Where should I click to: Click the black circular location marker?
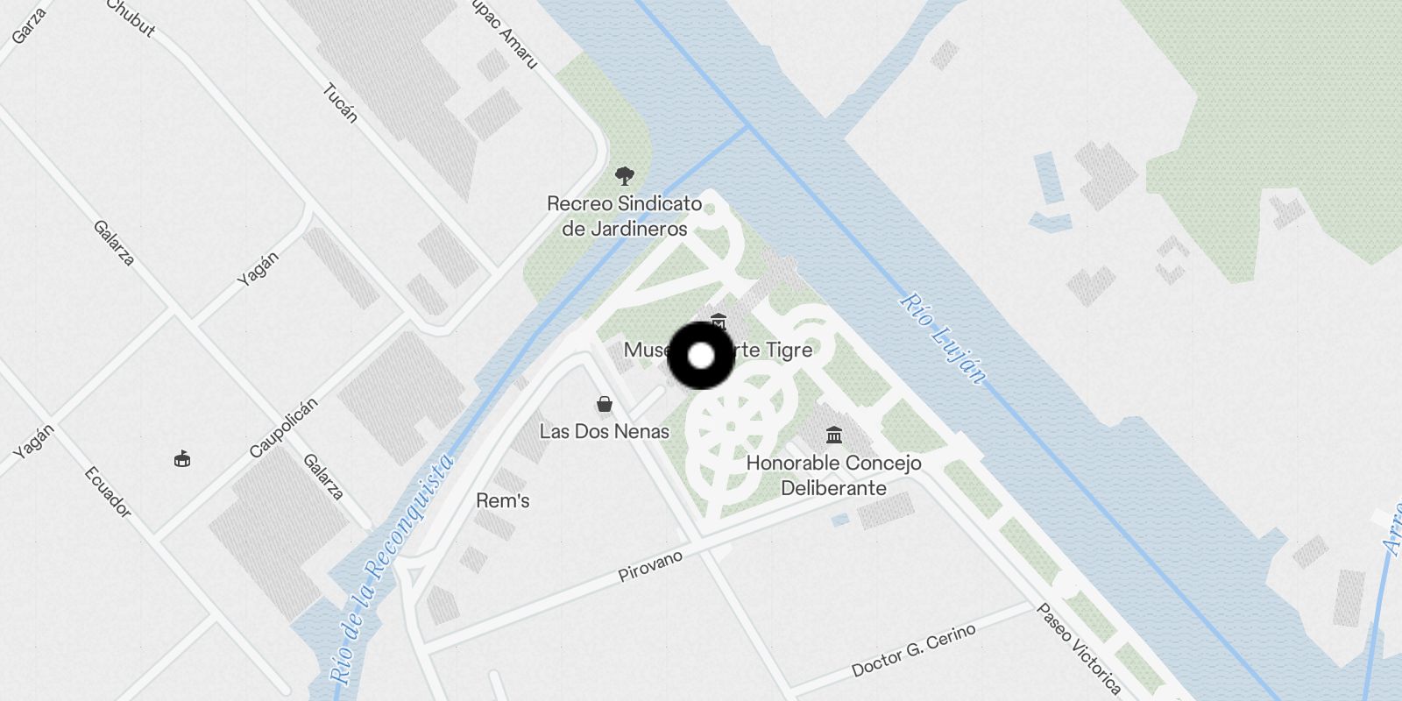click(701, 356)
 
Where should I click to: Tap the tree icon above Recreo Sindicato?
click(624, 176)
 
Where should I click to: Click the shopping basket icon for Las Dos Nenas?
click(604, 404)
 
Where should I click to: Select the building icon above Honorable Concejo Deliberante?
click(833, 435)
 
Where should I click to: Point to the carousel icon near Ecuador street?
click(182, 458)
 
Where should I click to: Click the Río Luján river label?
click(943, 337)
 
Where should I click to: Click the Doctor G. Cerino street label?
click(913, 651)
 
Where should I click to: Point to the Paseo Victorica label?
click(1079, 648)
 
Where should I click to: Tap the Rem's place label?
click(502, 501)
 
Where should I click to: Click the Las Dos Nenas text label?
click(604, 431)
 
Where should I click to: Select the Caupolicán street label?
click(283, 428)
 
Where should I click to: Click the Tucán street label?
click(341, 103)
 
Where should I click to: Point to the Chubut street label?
click(132, 18)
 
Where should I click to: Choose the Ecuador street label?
click(108, 491)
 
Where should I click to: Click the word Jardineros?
click(625, 229)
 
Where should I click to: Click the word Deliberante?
click(833, 488)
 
